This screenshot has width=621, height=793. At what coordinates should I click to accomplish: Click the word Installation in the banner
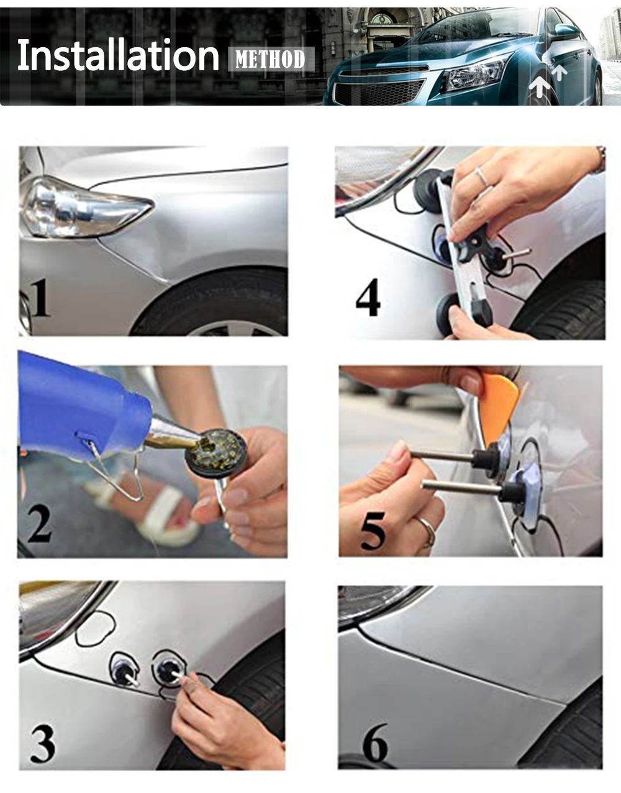(118, 55)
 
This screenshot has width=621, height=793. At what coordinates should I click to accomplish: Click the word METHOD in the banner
(270, 59)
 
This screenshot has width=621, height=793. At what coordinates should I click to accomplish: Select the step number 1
(40, 298)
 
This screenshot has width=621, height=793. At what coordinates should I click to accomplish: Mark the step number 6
(375, 742)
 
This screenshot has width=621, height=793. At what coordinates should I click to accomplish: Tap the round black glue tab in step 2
(215, 453)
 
